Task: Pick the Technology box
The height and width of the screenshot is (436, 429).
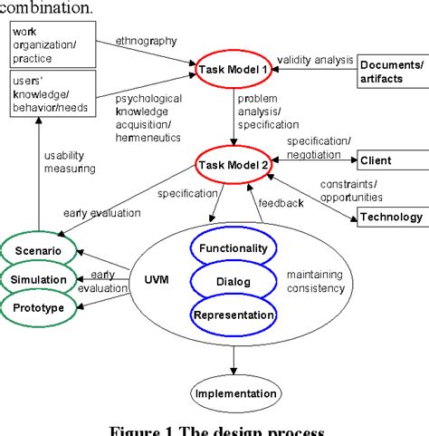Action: click(391, 217)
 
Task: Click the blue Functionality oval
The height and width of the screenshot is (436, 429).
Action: click(233, 248)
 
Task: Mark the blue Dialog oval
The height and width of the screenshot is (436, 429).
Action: click(233, 282)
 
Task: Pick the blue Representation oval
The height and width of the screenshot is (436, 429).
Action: click(233, 315)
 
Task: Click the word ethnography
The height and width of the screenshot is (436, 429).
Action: click(145, 40)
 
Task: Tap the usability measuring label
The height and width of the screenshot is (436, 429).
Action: click(72, 161)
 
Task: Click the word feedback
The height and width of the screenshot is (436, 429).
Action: click(282, 204)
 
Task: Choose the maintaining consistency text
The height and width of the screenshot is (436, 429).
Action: click(316, 281)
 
